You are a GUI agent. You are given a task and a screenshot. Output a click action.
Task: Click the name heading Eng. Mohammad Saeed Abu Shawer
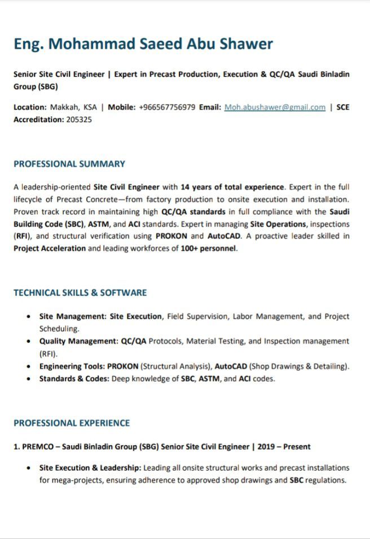143,44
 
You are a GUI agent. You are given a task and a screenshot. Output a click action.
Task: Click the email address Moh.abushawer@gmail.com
275,107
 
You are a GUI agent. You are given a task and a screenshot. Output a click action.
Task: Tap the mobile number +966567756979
167,107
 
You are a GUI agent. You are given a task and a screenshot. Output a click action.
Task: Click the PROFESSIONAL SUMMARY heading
69,164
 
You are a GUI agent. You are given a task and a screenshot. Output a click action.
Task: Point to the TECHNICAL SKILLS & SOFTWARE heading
80,293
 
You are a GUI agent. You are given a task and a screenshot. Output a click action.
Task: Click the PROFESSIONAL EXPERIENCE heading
72,423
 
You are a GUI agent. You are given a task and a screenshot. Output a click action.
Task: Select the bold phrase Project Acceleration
50,248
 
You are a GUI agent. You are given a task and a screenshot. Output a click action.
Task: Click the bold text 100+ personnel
209,248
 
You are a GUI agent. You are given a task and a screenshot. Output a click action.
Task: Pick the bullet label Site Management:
73,317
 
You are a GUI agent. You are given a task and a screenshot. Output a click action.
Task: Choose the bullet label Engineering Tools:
72,366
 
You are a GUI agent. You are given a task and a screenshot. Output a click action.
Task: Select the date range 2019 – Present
284,446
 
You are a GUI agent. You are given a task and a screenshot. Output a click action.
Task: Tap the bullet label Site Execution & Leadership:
90,468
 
